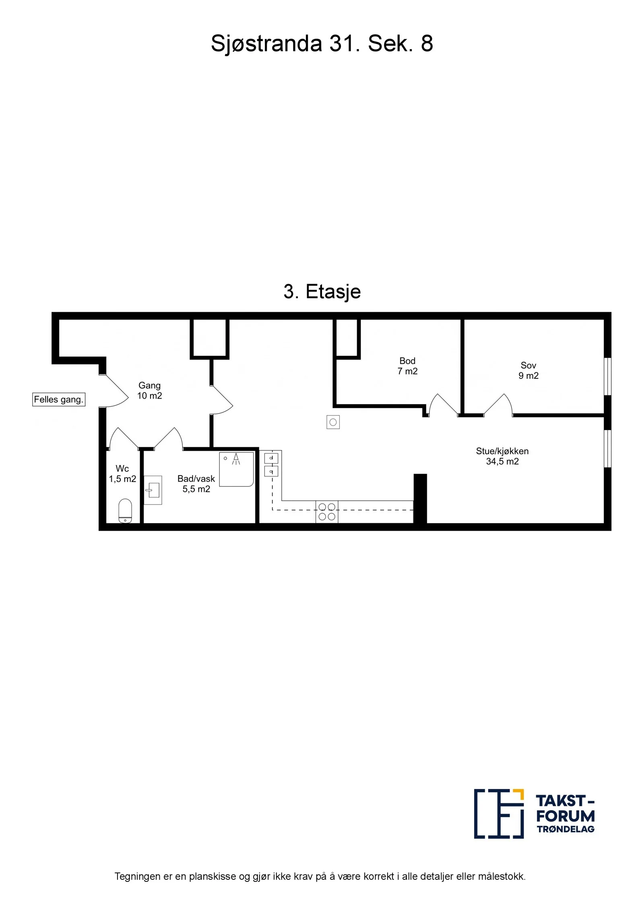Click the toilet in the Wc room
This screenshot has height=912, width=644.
click(x=125, y=511)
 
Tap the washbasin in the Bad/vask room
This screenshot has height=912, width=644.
click(x=153, y=490)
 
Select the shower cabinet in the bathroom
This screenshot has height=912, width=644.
click(x=236, y=469)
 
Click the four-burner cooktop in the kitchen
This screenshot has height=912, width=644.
click(x=327, y=511)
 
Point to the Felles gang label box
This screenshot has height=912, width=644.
click(x=59, y=399)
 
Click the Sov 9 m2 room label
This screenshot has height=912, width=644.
click(x=528, y=370)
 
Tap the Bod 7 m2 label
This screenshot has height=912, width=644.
click(x=407, y=366)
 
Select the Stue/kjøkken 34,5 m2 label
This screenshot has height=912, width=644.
click(x=502, y=456)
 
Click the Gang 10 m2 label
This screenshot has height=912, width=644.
click(x=149, y=391)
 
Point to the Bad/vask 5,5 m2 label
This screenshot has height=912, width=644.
click(x=196, y=484)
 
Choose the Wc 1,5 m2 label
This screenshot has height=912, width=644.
click(x=122, y=474)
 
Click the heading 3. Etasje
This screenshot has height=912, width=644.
click(x=322, y=291)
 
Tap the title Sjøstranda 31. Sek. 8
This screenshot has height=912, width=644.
click(x=322, y=43)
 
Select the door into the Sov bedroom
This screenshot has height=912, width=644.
click(x=498, y=404)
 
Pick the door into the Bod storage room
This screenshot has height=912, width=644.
click(x=444, y=404)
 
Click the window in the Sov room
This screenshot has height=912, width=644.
click(x=608, y=376)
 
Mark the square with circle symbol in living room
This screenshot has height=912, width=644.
click(x=333, y=422)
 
